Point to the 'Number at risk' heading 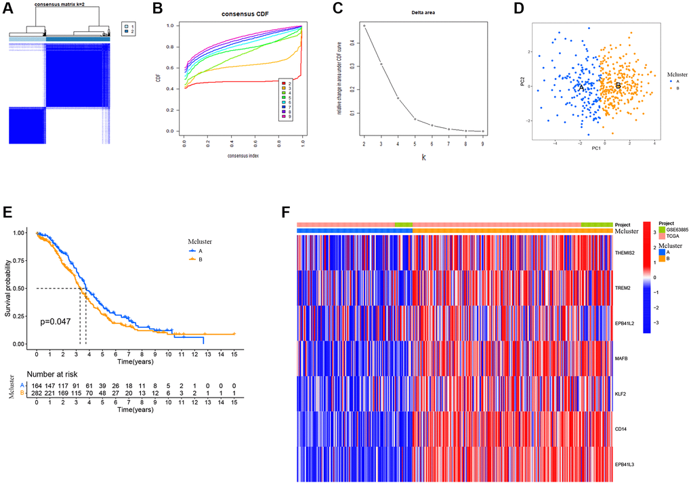[x=58, y=374]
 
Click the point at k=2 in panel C [x=364, y=26]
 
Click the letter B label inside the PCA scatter [x=617, y=86]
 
